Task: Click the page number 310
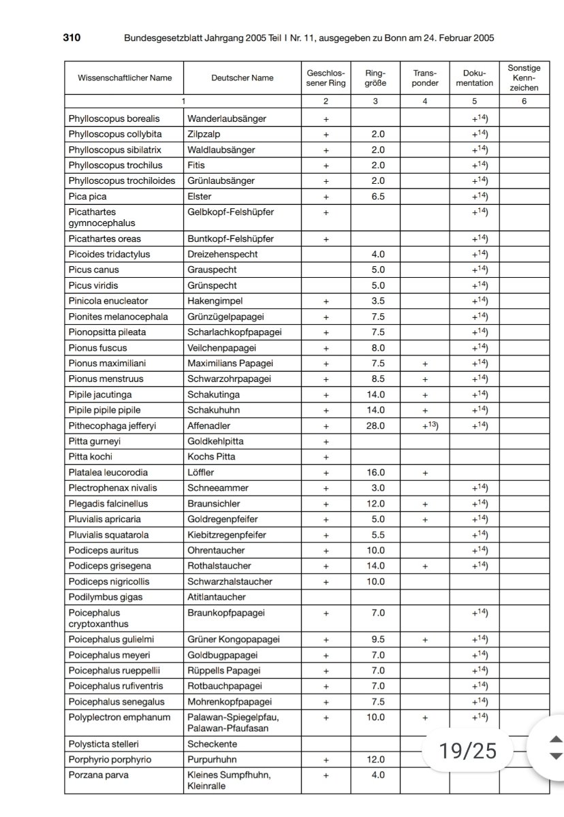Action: (72, 38)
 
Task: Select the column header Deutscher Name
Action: (242, 78)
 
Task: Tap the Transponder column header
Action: (425, 78)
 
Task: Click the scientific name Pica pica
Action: (87, 196)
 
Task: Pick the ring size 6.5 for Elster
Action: (375, 196)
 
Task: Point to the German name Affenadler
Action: (210, 426)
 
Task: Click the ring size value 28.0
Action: (375, 426)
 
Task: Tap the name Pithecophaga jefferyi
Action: (112, 426)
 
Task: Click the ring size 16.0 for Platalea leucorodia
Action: (375, 472)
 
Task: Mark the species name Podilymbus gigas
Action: (104, 597)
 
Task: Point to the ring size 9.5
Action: (375, 639)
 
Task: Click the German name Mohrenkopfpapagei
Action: (230, 702)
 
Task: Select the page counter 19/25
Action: (468, 750)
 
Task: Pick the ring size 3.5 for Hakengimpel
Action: (375, 301)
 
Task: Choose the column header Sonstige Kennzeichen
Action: (524, 78)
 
